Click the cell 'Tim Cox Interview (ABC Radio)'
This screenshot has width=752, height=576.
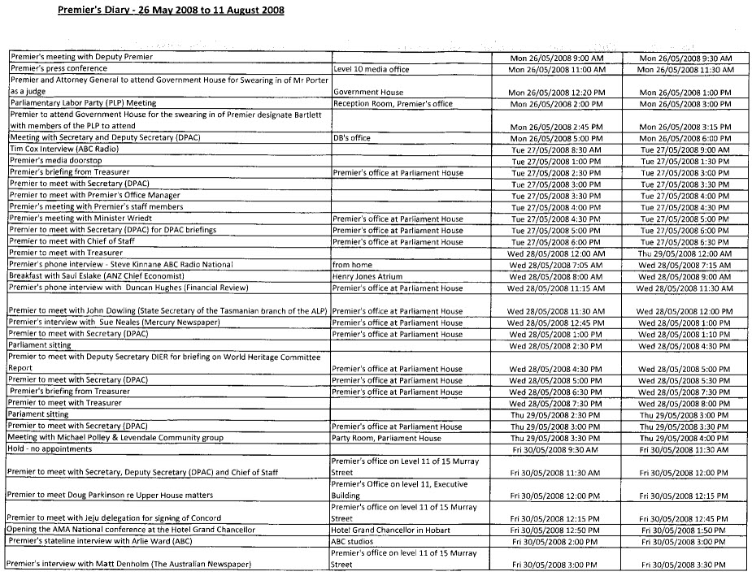point(62,149)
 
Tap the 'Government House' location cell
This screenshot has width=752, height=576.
point(368,93)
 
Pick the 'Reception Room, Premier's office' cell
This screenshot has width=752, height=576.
point(393,104)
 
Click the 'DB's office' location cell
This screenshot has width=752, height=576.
point(351,138)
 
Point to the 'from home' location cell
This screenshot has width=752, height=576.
point(351,265)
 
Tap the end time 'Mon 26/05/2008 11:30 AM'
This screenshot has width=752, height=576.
point(686,70)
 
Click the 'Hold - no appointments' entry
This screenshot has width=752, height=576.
point(50,449)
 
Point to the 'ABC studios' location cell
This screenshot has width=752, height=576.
point(354,540)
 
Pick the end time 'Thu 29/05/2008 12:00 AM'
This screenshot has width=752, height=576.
point(686,253)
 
